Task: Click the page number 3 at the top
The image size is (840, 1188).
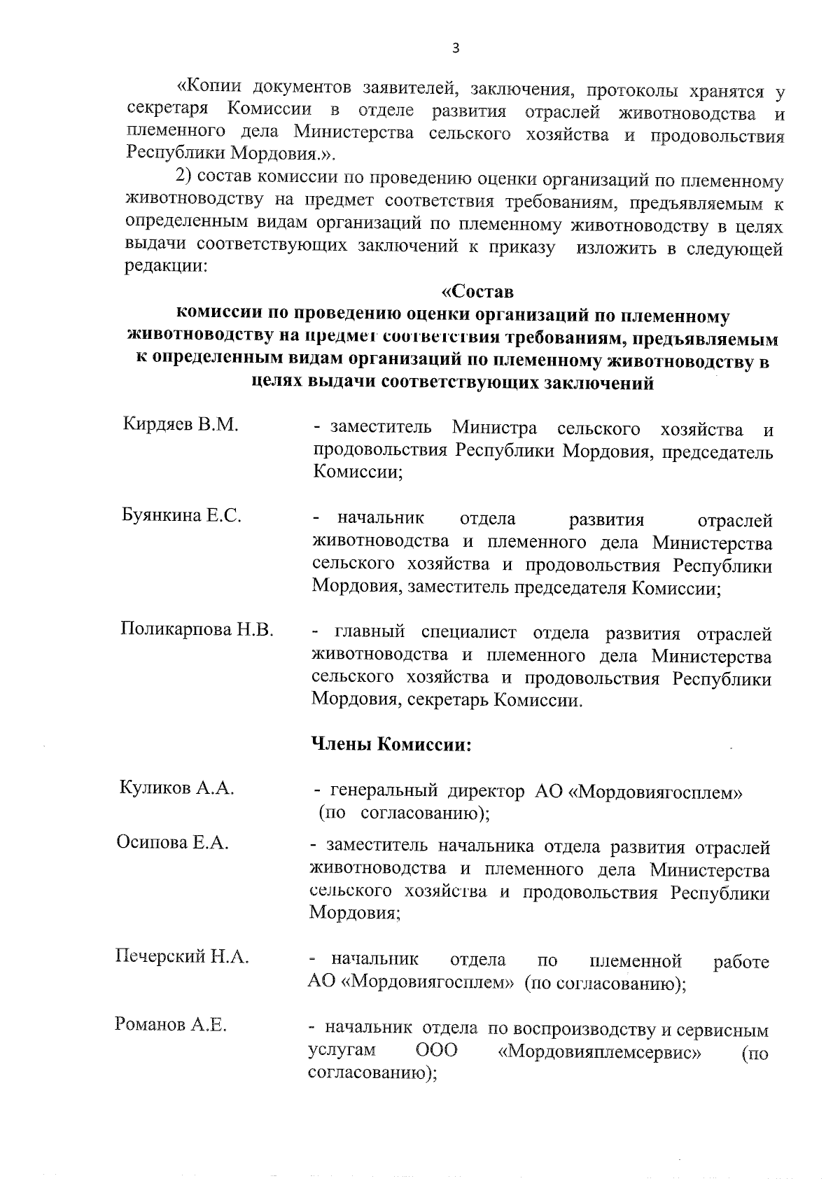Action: [x=456, y=48]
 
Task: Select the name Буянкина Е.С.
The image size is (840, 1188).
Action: [x=182, y=517]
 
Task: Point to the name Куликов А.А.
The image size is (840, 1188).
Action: [x=176, y=788]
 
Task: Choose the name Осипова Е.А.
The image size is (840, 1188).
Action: [x=172, y=843]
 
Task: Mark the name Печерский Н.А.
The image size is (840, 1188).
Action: [x=182, y=956]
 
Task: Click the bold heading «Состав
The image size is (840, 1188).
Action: [x=479, y=290]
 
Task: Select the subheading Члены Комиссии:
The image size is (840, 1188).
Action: [x=391, y=744]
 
